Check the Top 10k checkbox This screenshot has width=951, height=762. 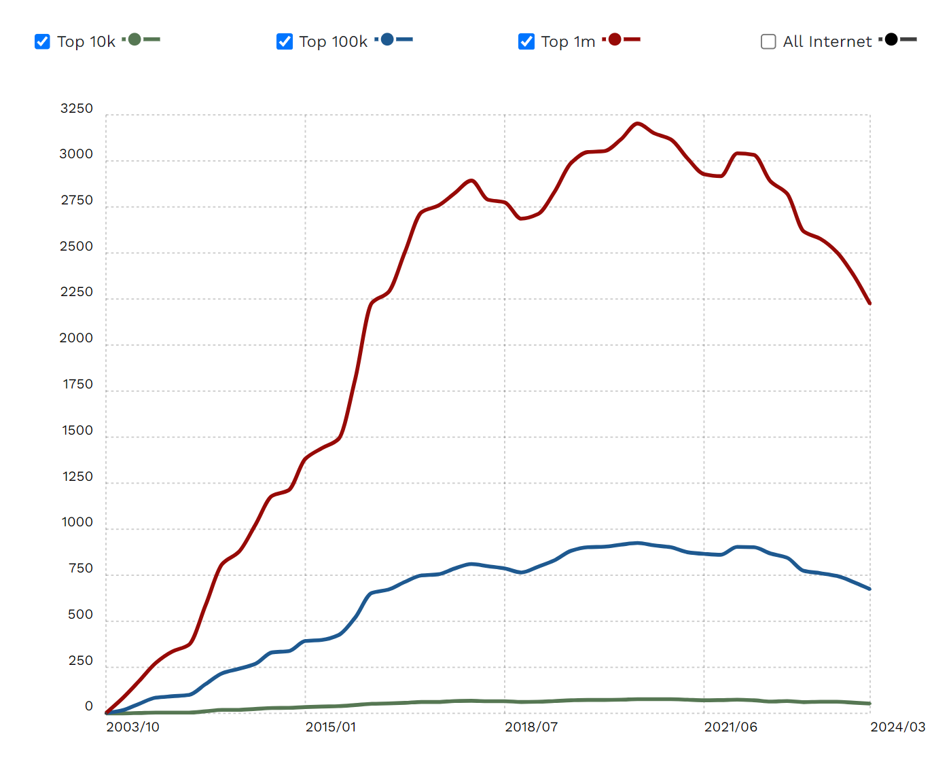coord(42,41)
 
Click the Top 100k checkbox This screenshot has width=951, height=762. coord(285,41)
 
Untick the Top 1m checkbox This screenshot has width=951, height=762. coord(526,41)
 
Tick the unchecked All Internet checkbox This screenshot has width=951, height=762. coord(768,41)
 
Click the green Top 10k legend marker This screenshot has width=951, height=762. coord(135,39)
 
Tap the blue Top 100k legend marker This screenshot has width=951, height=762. coord(387,39)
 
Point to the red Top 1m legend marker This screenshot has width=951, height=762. coord(615,39)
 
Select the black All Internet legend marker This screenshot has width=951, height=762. coord(891,39)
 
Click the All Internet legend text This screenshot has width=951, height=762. coord(827,41)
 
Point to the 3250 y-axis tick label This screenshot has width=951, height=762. coord(76,109)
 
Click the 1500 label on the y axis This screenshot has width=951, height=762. coord(77,431)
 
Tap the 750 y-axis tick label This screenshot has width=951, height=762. coord(80,568)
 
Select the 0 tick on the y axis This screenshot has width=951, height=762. coord(88,706)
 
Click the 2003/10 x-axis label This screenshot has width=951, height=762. coord(133,727)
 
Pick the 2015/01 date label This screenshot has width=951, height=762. coord(331,727)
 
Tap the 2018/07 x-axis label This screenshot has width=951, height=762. coord(531,727)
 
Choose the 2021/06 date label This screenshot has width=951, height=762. coord(731,727)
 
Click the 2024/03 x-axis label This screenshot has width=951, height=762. coord(898,727)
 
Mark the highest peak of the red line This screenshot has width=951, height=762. coord(637,124)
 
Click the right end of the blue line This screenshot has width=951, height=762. coord(869,589)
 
